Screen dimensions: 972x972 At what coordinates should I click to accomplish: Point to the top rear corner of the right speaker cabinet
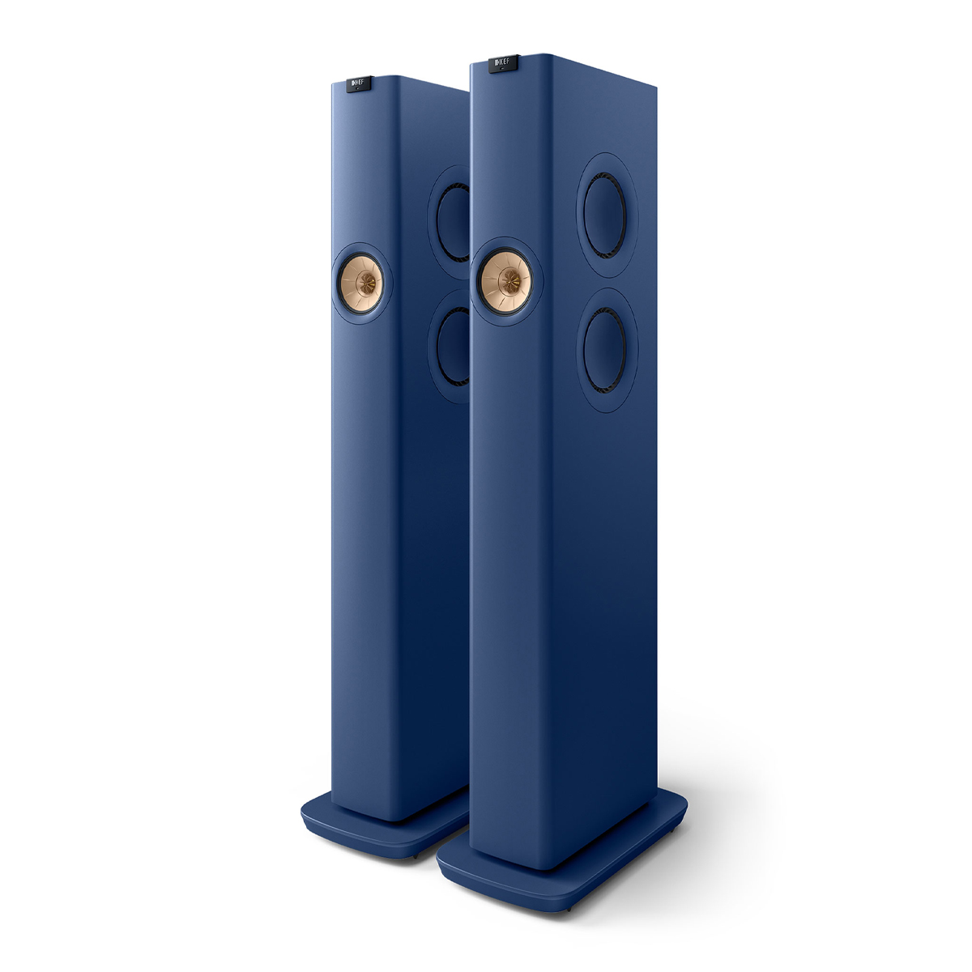click(x=654, y=83)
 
